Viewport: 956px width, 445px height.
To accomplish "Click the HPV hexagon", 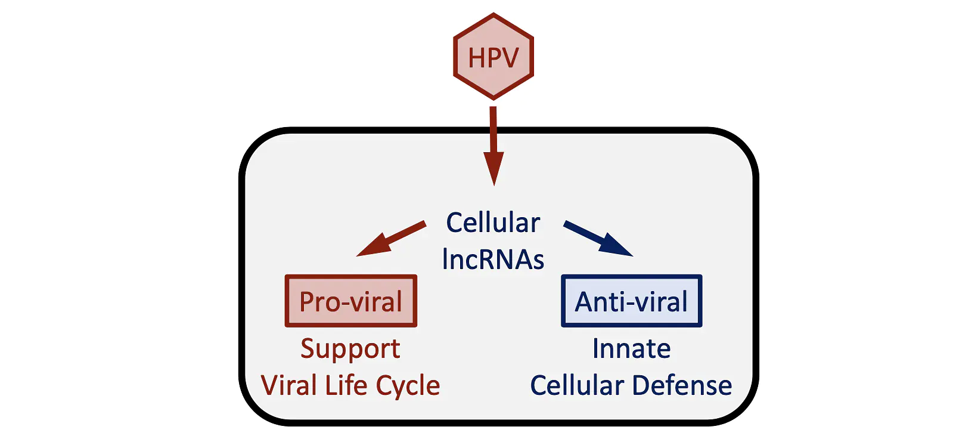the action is pyautogui.click(x=493, y=57).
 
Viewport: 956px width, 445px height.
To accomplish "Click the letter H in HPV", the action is pyautogui.click(x=477, y=58).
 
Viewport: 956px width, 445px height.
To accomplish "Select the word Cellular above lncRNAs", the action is pyautogui.click(x=493, y=222).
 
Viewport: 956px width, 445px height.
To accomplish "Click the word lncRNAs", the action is pyautogui.click(x=493, y=259).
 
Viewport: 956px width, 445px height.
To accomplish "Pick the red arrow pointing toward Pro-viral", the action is pyautogui.click(x=391, y=238).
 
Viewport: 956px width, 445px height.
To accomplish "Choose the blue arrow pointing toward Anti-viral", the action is pyautogui.click(x=598, y=238).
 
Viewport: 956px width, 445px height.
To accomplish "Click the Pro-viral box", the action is pyautogui.click(x=351, y=301).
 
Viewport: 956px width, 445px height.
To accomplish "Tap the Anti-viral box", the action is pyautogui.click(x=632, y=301).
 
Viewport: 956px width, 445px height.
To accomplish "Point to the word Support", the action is pyautogui.click(x=350, y=350).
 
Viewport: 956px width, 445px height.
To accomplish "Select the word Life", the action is pyautogui.click(x=346, y=385).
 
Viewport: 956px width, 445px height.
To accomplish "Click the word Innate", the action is pyautogui.click(x=632, y=348).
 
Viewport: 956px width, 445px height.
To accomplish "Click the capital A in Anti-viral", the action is pyautogui.click(x=585, y=301).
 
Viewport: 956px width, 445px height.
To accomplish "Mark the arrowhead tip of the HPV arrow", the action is pyautogui.click(x=494, y=186).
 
